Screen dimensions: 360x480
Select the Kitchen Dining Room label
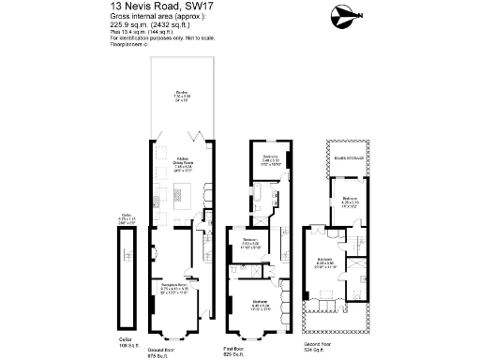click(182, 165)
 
